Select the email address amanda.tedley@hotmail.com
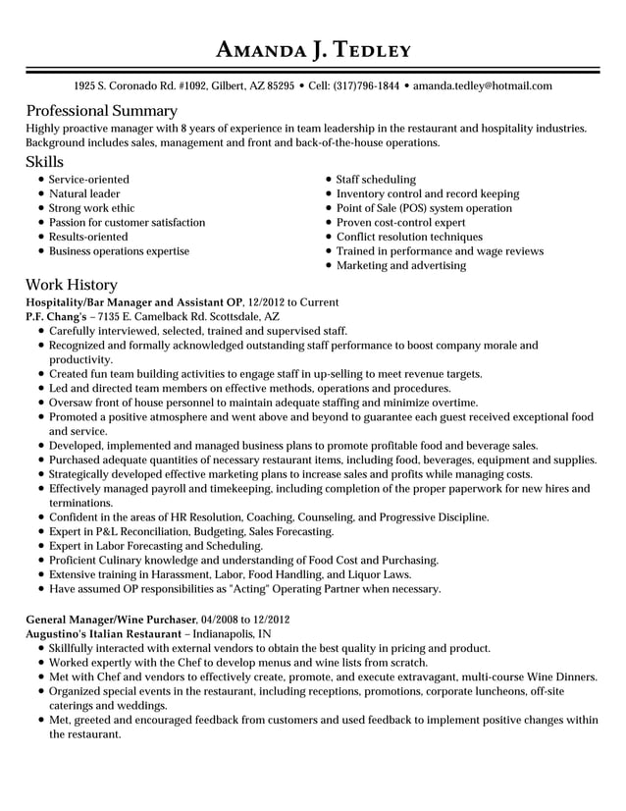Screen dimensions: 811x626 pos(482,86)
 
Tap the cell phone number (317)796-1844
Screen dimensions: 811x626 pos(367,86)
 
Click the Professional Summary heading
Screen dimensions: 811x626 pos(101,111)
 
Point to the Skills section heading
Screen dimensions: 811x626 pos(44,162)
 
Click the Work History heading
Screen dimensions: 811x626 pos(72,285)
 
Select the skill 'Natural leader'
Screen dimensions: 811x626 pos(84,194)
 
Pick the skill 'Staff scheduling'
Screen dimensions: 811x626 pos(376,180)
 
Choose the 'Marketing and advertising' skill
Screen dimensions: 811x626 pos(400,265)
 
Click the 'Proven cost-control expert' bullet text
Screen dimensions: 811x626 pos(400,223)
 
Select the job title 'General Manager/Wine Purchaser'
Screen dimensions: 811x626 pos(110,621)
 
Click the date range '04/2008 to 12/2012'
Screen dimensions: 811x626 pos(244,621)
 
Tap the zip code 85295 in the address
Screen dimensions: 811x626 pos(276,86)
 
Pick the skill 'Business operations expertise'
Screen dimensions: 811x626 pos(119,251)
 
